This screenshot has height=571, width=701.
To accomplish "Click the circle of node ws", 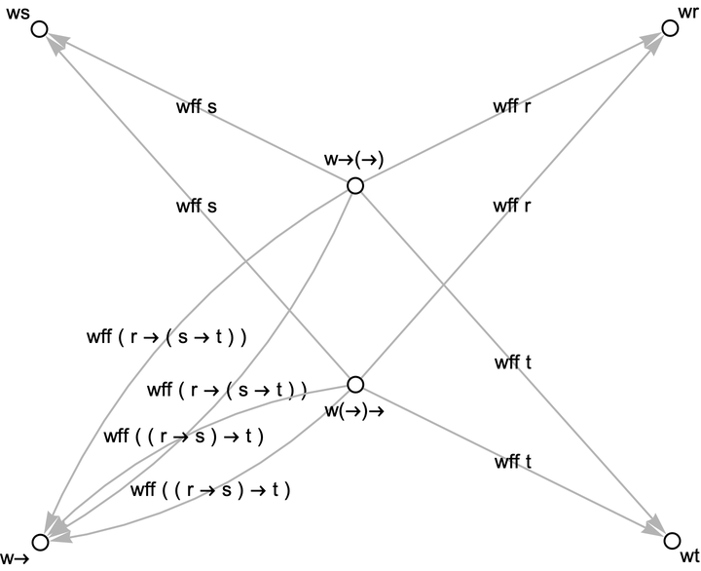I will (39, 30).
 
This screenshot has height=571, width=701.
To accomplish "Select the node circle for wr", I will (670, 28).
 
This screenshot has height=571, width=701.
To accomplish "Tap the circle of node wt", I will (670, 540).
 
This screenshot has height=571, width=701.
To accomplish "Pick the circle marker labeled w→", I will (39, 542).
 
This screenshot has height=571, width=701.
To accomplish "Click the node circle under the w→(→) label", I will (355, 185).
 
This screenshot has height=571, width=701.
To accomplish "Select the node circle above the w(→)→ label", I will (355, 384).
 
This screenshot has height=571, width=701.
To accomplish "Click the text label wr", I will (687, 11).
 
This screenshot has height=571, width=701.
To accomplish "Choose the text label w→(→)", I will (353, 160).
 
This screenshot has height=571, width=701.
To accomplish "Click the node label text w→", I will (14, 559).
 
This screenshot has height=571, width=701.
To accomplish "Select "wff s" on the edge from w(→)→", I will (196, 206).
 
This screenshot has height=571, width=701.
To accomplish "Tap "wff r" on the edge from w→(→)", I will (512, 107).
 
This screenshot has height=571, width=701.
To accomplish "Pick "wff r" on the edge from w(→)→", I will (512, 206).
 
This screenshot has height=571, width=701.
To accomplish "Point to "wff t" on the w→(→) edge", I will (513, 364).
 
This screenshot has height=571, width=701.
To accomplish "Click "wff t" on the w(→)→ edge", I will (513, 463).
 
